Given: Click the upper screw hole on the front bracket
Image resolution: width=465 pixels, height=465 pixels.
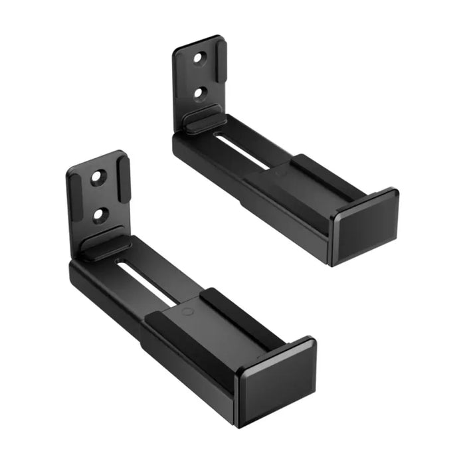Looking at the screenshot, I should click(x=98, y=177).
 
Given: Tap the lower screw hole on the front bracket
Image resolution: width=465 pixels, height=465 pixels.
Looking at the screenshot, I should click(x=100, y=214).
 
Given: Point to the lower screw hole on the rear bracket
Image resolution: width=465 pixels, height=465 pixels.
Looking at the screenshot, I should click(x=199, y=93).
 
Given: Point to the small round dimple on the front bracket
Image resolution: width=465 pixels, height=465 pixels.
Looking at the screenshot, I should click(x=188, y=311).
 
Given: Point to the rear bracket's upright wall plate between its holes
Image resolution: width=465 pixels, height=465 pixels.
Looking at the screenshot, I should click(x=199, y=76).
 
